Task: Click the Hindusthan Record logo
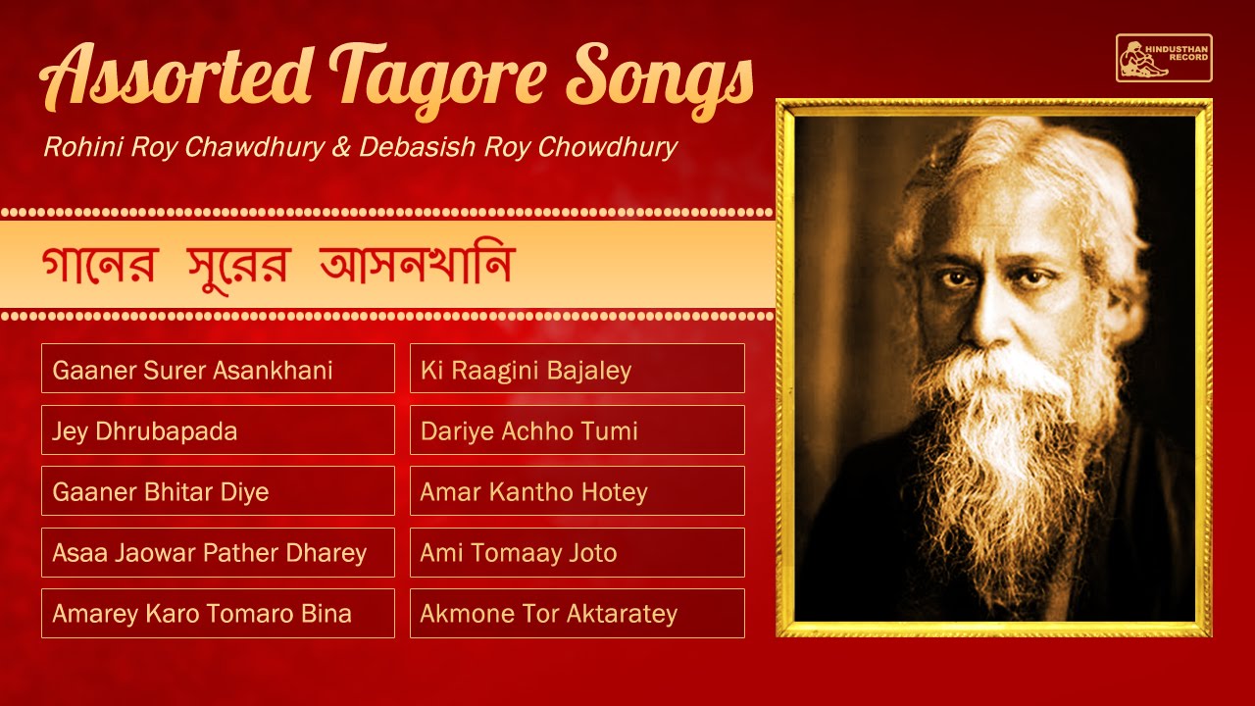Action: pos(1164,58)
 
